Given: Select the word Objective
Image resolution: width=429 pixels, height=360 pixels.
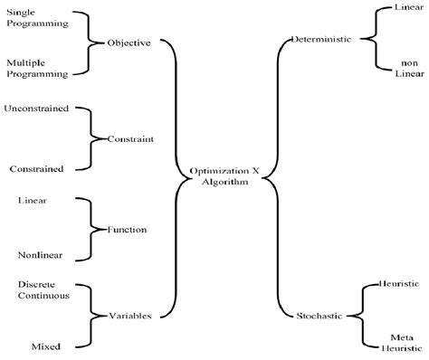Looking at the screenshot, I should (x=129, y=43).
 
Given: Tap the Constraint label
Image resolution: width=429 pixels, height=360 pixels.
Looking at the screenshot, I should (x=129, y=138).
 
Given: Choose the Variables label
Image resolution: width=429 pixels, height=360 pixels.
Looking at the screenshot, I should (x=129, y=315).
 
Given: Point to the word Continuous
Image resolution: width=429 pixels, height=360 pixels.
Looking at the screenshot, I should (x=43, y=296).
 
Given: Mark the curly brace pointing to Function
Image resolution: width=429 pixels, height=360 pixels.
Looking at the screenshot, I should (x=91, y=229).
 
